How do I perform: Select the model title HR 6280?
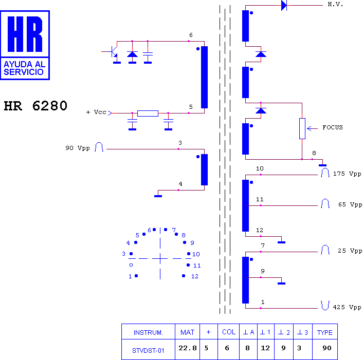coord(35,106)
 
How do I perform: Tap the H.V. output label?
coord(335,5)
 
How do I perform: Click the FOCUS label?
coord(332,127)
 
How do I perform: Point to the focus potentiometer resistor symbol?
coord(302,128)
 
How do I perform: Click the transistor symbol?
coord(114,51)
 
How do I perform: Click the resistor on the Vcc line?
coord(148,113)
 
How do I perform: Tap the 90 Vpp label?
coord(78,148)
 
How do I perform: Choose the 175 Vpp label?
coord(347,174)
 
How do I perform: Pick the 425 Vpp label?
coord(347,308)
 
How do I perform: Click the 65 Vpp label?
coord(350,204)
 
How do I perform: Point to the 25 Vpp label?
coord(350,251)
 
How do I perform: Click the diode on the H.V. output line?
coord(284,6)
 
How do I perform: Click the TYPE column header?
coord(325,332)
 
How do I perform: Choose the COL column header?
coord(229,332)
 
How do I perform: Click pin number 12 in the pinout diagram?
coord(194,276)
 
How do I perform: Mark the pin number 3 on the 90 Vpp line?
coord(180,143)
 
